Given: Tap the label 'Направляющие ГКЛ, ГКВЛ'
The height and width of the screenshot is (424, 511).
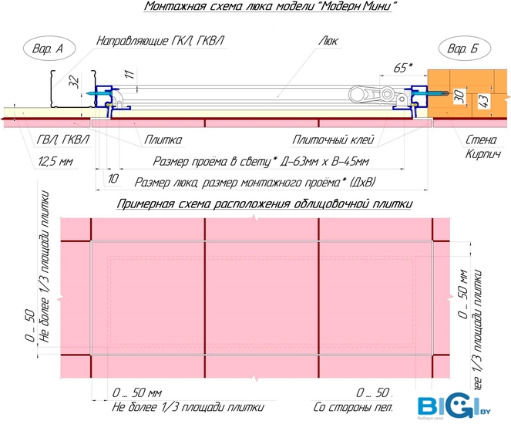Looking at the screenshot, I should click(x=163, y=40).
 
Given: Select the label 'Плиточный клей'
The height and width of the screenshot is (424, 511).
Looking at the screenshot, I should click(x=333, y=140).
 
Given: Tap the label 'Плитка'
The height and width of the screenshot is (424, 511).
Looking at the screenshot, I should click(x=163, y=140).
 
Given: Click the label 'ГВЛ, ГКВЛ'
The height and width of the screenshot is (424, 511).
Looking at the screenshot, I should click(x=62, y=140).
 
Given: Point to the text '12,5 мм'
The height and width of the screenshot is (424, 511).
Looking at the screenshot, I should click(x=55, y=161).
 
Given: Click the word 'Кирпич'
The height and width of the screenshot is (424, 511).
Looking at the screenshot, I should click(x=482, y=154).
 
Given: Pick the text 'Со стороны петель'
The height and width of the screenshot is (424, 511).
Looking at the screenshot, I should click(x=355, y=406).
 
